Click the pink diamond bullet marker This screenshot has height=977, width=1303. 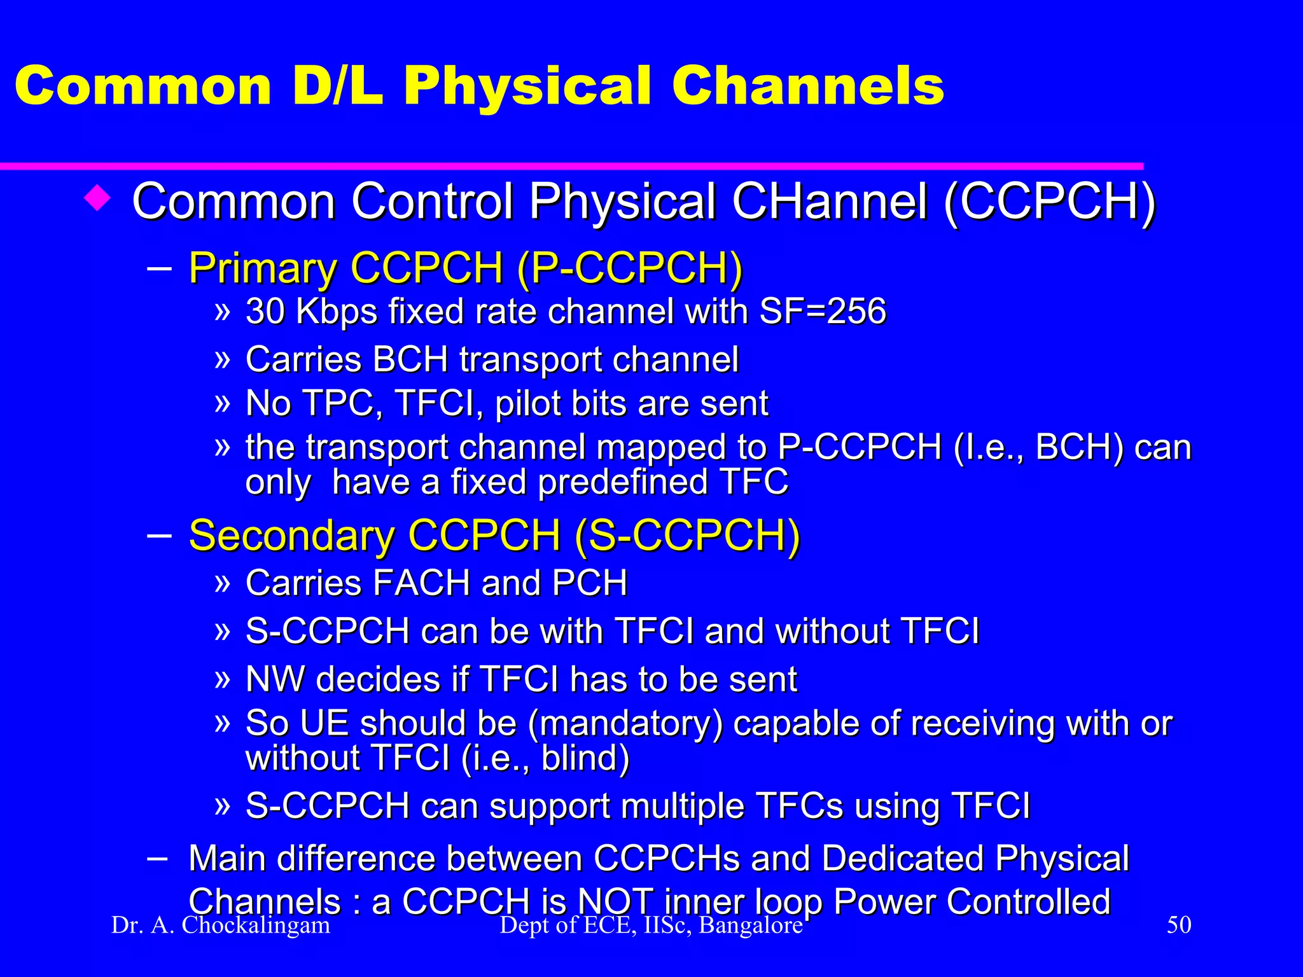[x=97, y=198]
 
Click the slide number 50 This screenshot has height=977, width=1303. [x=1179, y=925]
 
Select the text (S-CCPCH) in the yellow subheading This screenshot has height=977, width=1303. [x=687, y=536]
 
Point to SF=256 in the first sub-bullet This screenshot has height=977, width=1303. [x=823, y=312]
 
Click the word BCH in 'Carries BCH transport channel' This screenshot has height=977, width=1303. [x=410, y=359]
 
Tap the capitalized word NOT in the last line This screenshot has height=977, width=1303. [x=615, y=902]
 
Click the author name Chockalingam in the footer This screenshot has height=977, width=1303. [x=256, y=925]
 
